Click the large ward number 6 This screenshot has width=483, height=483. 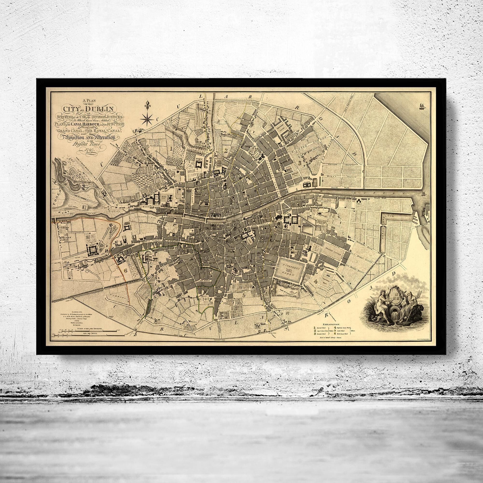(x=125, y=271)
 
